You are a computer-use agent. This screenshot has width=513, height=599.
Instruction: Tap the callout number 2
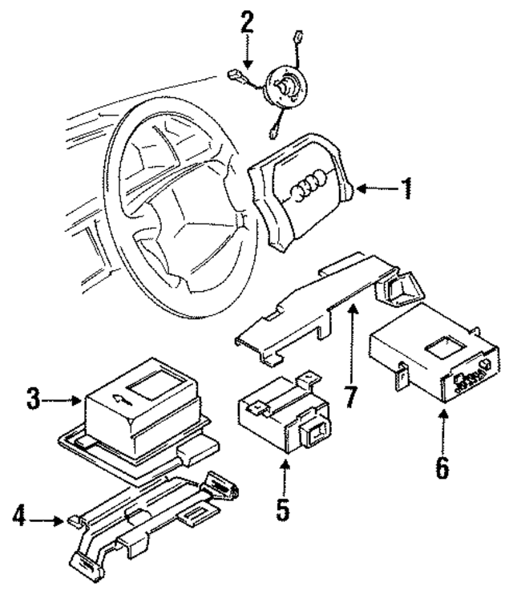(x=247, y=22)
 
